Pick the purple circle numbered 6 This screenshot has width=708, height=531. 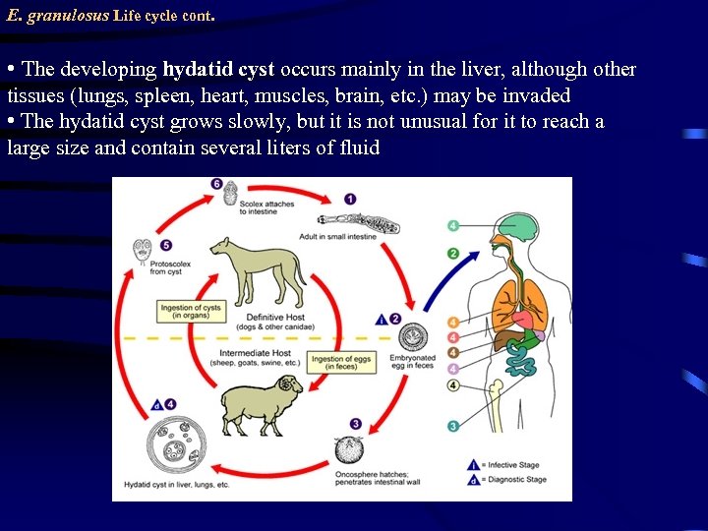coord(216,185)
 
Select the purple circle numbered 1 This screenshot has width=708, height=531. coord(350,200)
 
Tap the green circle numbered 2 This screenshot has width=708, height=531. coord(453,254)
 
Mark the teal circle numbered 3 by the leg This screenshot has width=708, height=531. coord(453,426)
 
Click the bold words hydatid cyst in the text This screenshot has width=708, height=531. coord(218,70)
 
